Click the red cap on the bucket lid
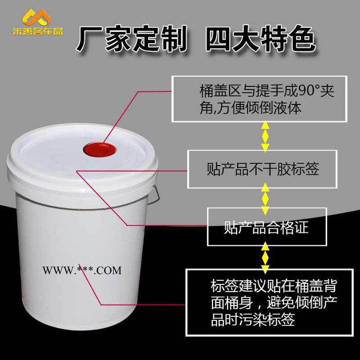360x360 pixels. tap(100, 150)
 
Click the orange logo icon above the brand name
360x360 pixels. tap(37, 17)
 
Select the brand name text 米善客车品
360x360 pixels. tap(38, 31)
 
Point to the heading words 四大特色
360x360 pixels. tap(261, 39)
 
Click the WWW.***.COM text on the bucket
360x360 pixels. tap(82, 270)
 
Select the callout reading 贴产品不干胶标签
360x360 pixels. tap(263, 169)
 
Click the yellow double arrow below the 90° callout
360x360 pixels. tap(265, 137)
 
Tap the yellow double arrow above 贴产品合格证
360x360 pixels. tap(265, 199)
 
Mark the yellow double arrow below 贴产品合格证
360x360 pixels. tap(265, 258)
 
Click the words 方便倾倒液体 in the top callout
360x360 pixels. tap(259, 108)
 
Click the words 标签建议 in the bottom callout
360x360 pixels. tap(239, 286)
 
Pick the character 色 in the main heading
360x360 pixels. tap(303, 39)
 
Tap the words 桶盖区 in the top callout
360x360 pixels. tap(221, 91)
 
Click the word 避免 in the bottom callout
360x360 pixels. tap(281, 302)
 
